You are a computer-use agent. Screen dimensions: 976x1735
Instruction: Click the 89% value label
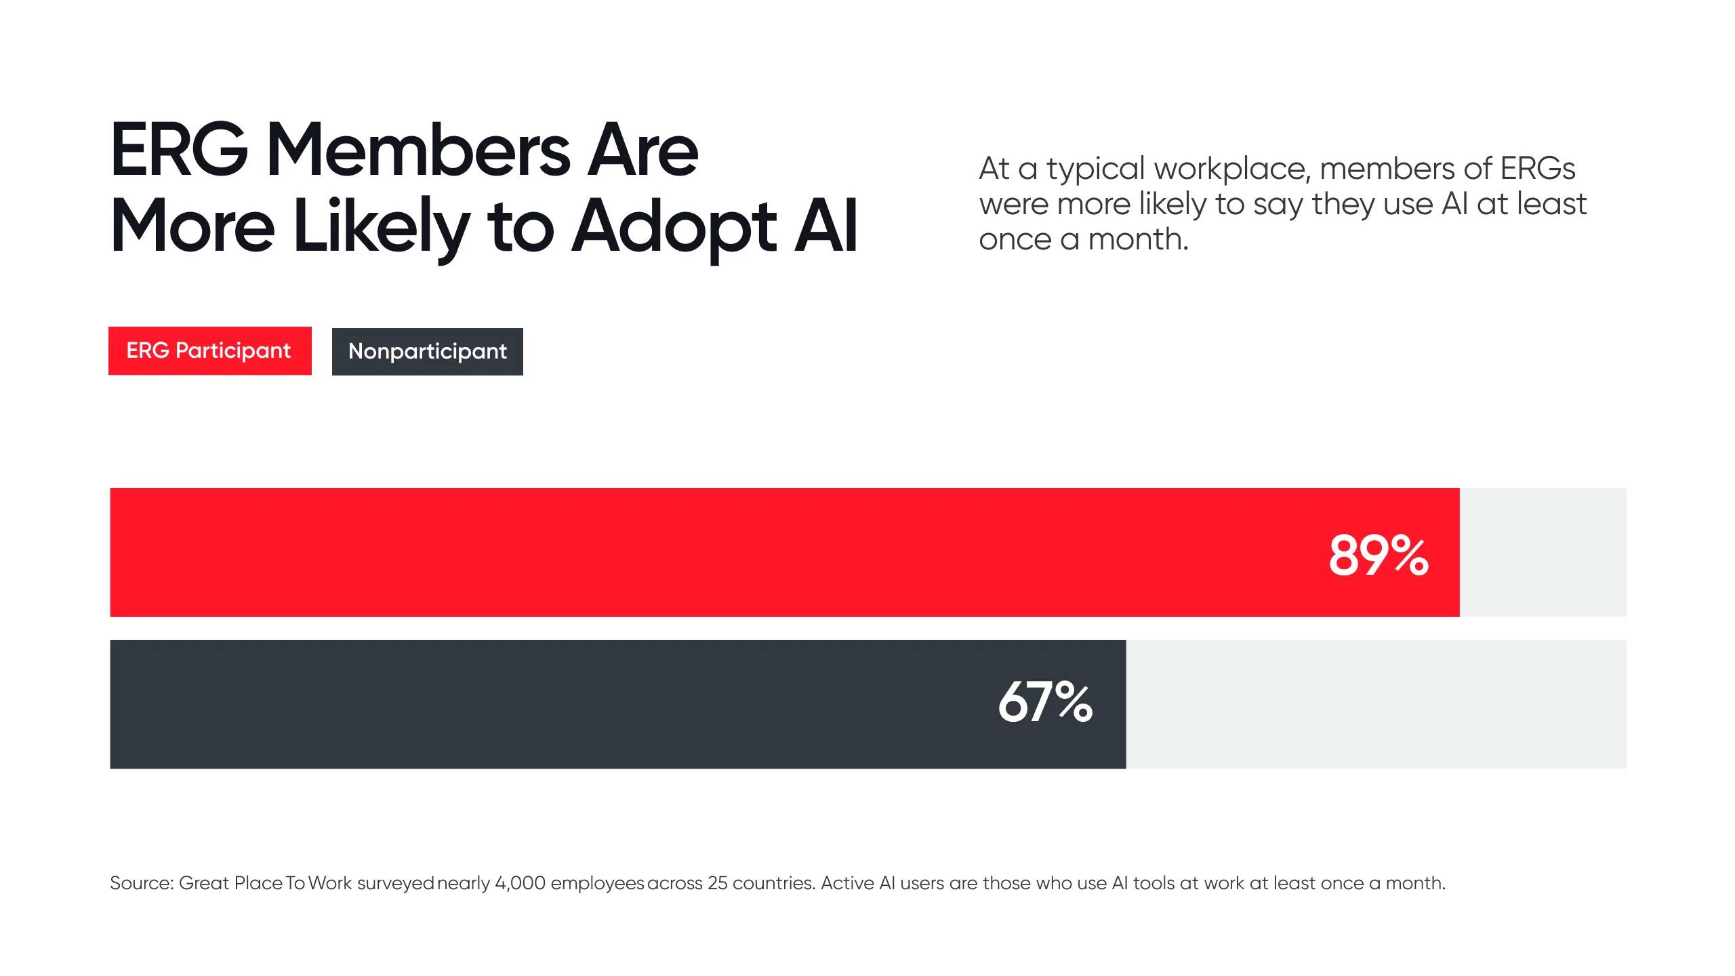tap(1379, 555)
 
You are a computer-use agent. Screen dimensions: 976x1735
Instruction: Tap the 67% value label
tap(1045, 701)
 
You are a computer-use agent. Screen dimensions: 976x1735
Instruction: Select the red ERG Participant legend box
tap(209, 350)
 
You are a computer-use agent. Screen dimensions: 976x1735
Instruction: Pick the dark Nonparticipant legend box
tap(427, 351)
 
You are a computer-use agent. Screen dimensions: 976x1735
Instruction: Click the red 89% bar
tap(678, 552)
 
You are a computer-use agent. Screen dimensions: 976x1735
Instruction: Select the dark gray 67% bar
tap(542, 704)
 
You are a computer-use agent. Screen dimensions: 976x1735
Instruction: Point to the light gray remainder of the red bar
tap(1543, 552)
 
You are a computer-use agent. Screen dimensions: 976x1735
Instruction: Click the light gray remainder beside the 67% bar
tap(1376, 704)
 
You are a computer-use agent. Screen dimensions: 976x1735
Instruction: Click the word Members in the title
tap(418, 150)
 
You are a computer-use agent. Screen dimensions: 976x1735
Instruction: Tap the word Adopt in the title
tap(674, 227)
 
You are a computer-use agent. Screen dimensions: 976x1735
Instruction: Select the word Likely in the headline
tap(381, 227)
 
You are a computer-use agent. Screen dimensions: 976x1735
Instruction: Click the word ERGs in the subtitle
tap(1537, 168)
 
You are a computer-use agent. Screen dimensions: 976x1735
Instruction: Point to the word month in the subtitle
tap(1138, 239)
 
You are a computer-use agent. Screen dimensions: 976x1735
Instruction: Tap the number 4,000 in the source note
tap(520, 883)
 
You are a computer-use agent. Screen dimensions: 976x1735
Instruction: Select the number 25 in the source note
tap(717, 883)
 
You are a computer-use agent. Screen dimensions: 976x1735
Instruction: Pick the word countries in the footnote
tap(773, 883)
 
